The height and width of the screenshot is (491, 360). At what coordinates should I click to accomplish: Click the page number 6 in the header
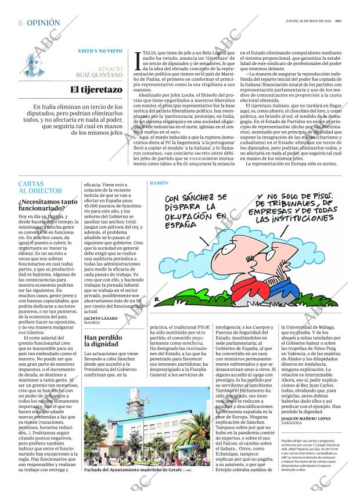click(x=20, y=23)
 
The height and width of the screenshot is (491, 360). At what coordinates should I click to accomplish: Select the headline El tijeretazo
click(x=96, y=89)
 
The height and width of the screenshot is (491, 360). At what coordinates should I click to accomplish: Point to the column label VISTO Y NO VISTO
click(x=100, y=51)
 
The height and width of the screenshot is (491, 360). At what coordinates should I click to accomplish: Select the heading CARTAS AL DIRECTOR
click(x=40, y=187)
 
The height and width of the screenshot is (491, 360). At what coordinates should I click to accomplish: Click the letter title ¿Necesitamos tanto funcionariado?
click(x=48, y=205)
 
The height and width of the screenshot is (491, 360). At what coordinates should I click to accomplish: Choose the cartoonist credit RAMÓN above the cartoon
click(x=159, y=183)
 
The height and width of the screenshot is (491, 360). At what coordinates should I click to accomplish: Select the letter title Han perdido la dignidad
click(x=103, y=341)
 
